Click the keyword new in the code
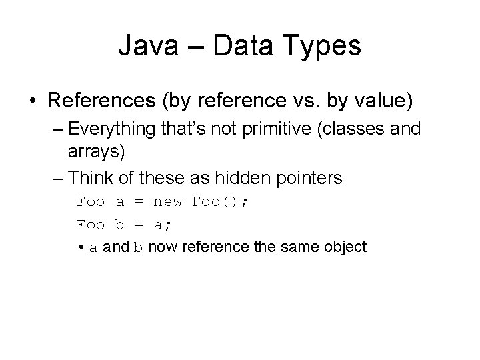click(169, 201)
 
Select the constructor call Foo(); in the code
click(220, 201)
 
